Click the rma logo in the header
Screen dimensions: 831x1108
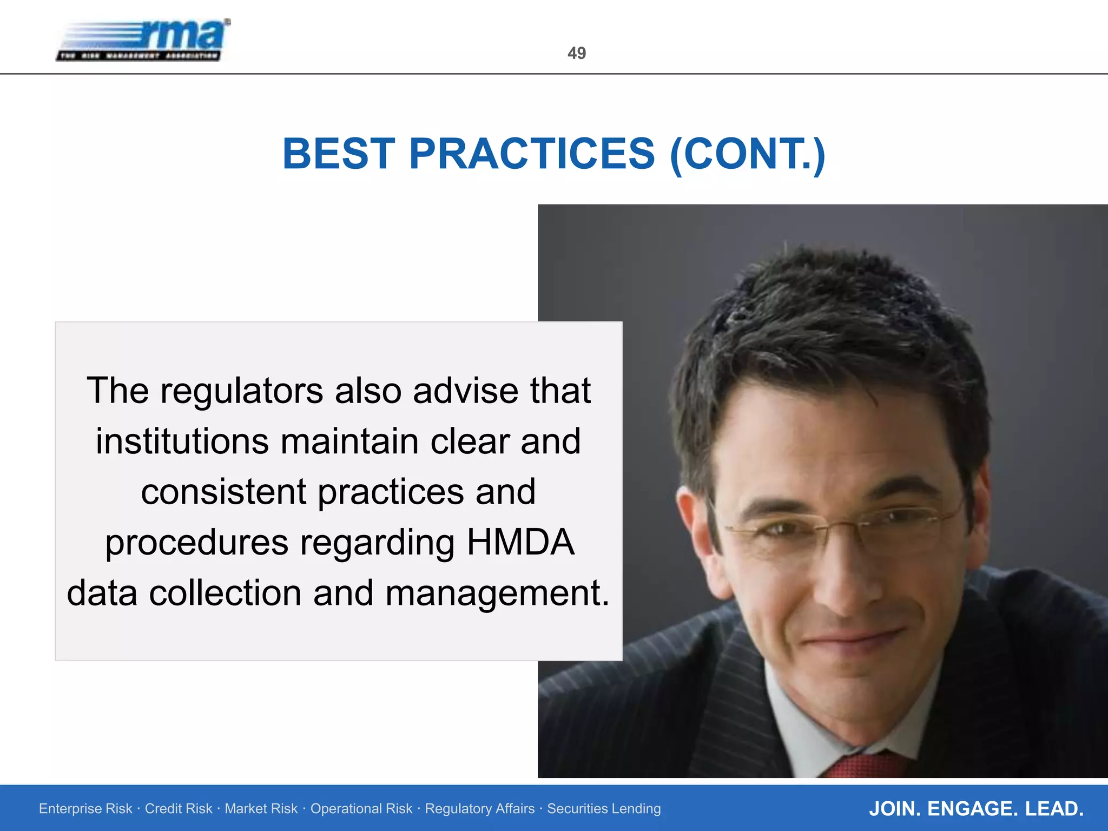click(144, 41)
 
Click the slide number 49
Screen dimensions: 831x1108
click(576, 53)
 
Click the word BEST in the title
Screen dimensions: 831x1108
click(339, 154)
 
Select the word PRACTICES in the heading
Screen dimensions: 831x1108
click(532, 154)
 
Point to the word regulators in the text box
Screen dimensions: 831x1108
click(242, 391)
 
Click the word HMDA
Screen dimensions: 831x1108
click(520, 543)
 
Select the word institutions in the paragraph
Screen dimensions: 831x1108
click(182, 441)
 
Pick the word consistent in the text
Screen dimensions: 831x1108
click(223, 492)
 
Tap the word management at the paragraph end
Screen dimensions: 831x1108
click(497, 593)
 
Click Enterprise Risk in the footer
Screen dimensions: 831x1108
click(85, 809)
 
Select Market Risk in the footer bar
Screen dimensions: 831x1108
click(261, 809)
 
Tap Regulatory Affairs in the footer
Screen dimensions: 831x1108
click(479, 809)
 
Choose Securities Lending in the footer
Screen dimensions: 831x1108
click(604, 809)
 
